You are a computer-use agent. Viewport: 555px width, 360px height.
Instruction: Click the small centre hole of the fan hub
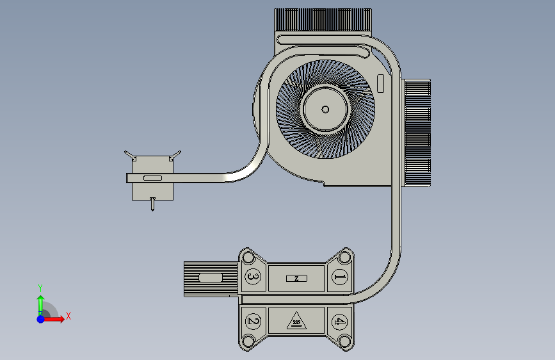[x=325, y=110]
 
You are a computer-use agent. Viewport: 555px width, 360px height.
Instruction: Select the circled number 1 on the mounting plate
[x=339, y=277]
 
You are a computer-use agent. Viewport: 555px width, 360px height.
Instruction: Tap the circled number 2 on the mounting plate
[x=253, y=322]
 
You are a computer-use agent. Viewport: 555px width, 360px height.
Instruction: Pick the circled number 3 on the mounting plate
[x=253, y=276]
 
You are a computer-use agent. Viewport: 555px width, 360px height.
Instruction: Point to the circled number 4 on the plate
[x=339, y=322]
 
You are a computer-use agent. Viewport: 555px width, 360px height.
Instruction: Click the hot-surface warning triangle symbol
[x=296, y=321]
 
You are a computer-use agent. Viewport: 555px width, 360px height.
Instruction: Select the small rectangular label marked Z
[x=296, y=279]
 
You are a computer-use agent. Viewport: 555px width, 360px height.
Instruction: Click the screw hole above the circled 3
[x=248, y=257]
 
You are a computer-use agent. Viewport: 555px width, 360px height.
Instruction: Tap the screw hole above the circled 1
[x=344, y=257]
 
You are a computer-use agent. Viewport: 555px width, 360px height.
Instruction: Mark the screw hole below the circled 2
[x=248, y=341]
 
